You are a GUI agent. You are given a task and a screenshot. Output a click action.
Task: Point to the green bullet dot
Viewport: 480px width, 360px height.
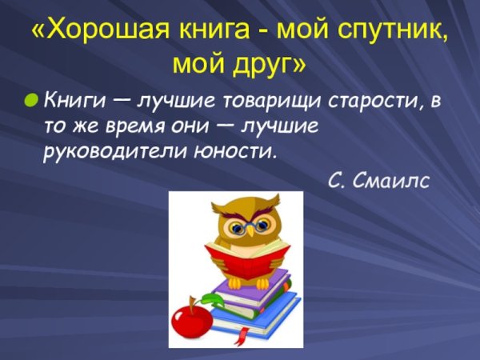click(x=30, y=102)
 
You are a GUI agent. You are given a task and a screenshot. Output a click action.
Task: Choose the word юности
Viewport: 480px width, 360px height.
click(x=241, y=150)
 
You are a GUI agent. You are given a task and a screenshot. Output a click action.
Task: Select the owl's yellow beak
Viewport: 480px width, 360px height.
click(x=250, y=230)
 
